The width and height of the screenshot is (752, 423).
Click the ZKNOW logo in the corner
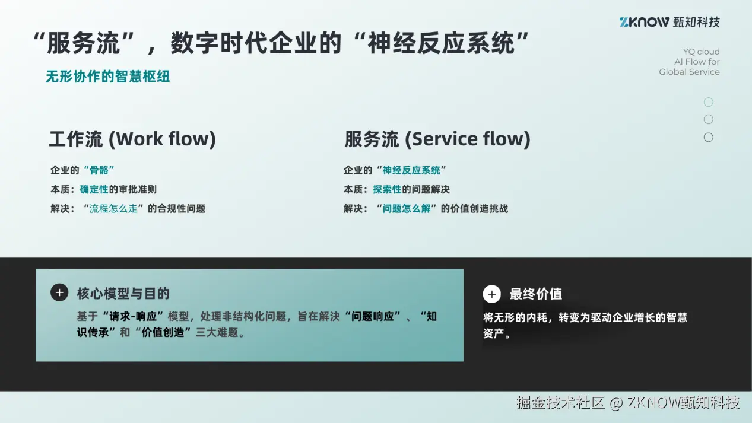point(669,22)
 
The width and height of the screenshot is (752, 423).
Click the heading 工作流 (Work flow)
point(132,139)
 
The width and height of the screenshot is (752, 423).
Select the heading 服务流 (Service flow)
point(437,139)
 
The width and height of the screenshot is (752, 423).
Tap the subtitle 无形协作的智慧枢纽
point(108,77)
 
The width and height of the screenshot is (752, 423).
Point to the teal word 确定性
point(94,189)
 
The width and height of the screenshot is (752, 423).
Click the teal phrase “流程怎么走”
point(113,208)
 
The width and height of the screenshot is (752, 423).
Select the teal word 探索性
point(387,189)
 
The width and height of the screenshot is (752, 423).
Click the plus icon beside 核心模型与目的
point(59,292)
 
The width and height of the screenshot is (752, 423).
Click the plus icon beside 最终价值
point(491,294)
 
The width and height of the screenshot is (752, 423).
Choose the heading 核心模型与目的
point(123,293)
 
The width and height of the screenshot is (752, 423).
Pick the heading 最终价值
point(535,294)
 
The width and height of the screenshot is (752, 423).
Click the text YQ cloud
point(701,52)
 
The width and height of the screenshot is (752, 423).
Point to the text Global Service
point(689,72)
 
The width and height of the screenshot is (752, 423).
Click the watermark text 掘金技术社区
point(560,403)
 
